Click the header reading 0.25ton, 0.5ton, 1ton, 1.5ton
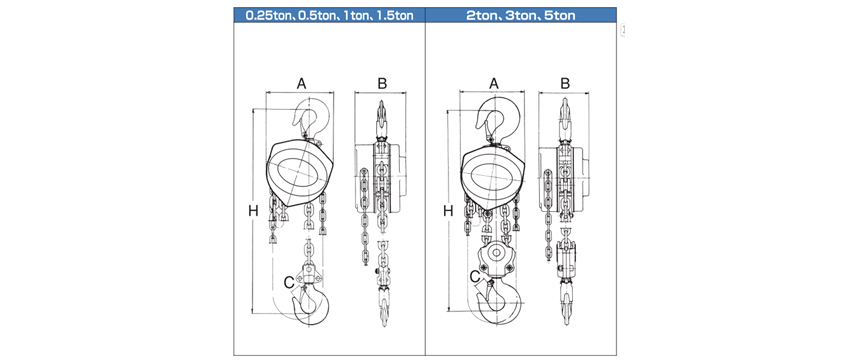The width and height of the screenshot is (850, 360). [329, 15]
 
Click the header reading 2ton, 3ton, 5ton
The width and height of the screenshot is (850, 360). [520, 15]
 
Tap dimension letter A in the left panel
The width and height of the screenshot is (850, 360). [301, 83]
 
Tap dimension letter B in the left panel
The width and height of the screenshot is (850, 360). [382, 83]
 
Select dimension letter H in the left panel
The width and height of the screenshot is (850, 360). [253, 211]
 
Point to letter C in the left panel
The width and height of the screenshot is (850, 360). [289, 282]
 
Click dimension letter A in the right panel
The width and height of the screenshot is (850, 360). [493, 83]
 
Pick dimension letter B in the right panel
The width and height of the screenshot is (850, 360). [565, 83]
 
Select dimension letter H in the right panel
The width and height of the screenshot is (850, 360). [448, 211]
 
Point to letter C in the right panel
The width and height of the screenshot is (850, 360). [475, 277]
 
